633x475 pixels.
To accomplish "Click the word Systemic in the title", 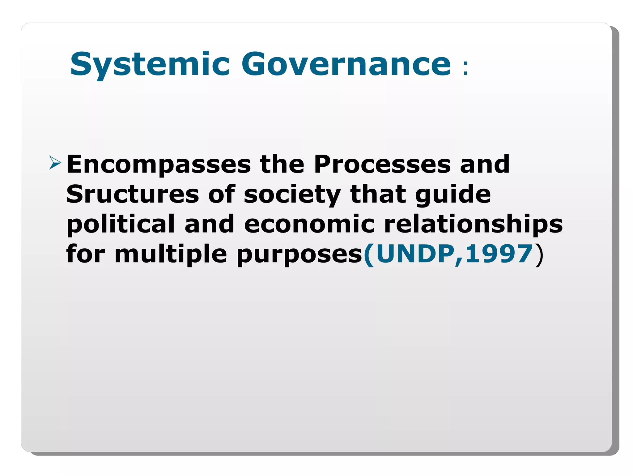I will coord(150,64).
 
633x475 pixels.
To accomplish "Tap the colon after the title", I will coord(465,68).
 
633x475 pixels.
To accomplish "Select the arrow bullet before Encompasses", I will coord(55,163).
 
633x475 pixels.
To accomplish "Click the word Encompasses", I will coord(159,165).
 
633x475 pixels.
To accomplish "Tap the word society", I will coord(292,195).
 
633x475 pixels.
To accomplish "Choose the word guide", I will coord(453,195).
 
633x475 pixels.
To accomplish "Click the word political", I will coord(121,224).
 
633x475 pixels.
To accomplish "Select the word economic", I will coord(309,224).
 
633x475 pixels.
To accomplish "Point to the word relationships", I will coord(473,224).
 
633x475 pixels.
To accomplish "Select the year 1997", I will coord(499,254).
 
